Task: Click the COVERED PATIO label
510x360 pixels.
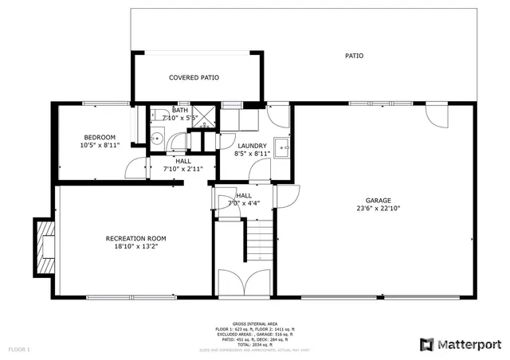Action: tap(194, 77)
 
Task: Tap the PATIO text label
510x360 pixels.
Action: tap(354, 56)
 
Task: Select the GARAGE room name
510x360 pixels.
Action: tap(379, 201)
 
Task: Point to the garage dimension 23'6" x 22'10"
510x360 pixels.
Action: tap(379, 209)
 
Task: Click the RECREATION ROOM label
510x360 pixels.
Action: tap(135, 238)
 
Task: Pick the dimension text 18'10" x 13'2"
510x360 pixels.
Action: tap(135, 246)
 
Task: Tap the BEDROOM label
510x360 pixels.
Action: tap(100, 137)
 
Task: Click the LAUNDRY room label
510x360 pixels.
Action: tap(251, 146)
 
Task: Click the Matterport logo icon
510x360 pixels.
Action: tap(426, 344)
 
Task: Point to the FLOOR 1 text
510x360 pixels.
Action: tap(19, 349)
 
